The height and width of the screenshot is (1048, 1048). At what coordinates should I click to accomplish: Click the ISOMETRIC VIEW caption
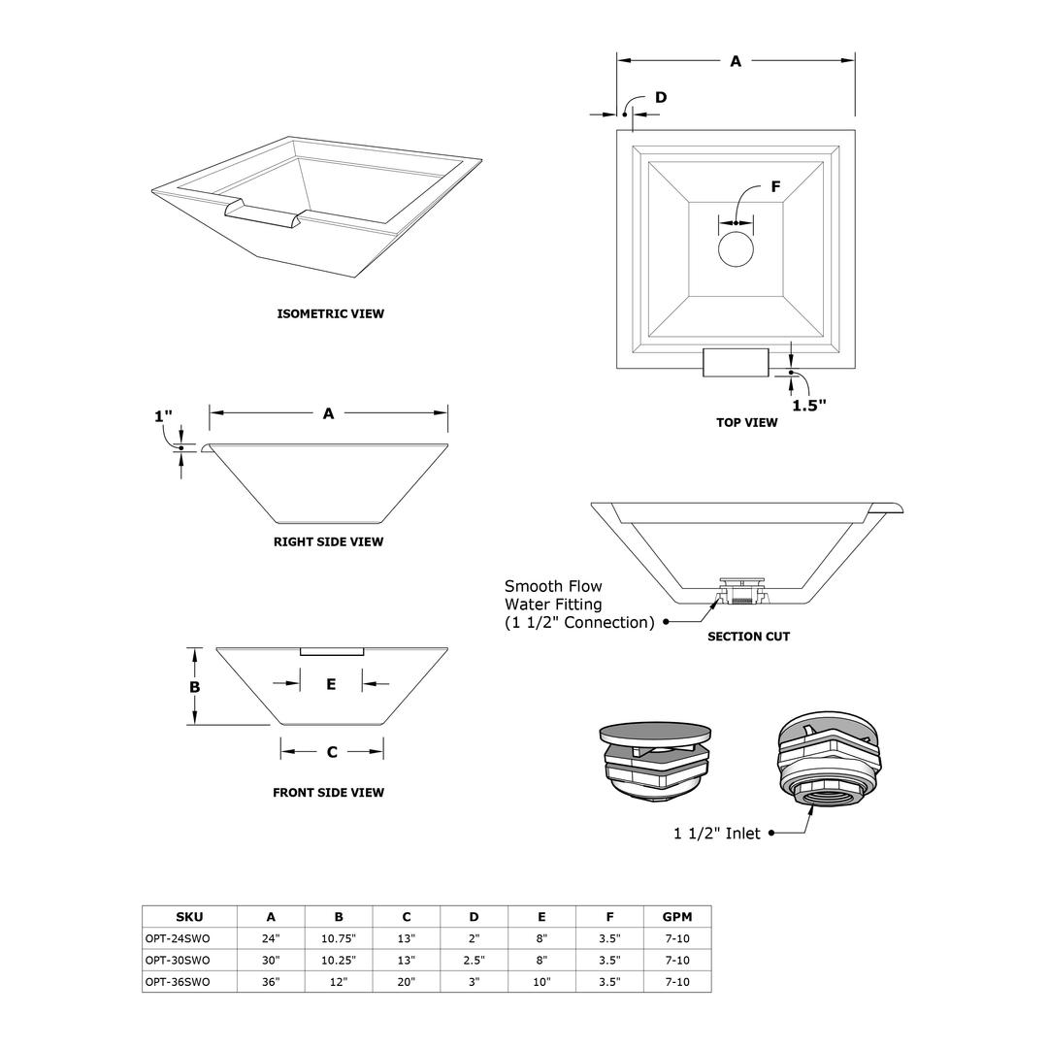pyautogui.click(x=330, y=313)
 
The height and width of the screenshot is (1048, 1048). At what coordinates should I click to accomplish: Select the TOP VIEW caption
pyautogui.click(x=746, y=422)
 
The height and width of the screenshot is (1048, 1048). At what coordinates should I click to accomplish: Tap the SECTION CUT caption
pyautogui.click(x=748, y=637)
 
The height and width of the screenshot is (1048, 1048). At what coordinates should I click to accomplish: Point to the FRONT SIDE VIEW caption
pyautogui.click(x=328, y=792)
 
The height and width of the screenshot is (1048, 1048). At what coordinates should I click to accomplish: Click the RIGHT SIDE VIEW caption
pyautogui.click(x=328, y=541)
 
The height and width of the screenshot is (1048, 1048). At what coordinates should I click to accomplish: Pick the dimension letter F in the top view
pyautogui.click(x=775, y=186)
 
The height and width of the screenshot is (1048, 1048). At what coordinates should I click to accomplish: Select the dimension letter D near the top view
pyautogui.click(x=661, y=97)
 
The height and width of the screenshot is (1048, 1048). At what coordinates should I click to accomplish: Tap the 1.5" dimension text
pyautogui.click(x=808, y=405)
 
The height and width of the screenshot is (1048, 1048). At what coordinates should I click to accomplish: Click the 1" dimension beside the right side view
pyautogui.click(x=163, y=416)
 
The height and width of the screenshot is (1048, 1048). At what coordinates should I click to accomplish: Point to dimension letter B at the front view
pyautogui.click(x=194, y=686)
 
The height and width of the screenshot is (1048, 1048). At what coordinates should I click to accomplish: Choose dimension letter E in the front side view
pyautogui.click(x=331, y=684)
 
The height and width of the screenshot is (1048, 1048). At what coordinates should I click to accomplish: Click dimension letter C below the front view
pyautogui.click(x=332, y=751)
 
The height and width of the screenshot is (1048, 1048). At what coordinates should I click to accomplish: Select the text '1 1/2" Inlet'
pyautogui.click(x=717, y=833)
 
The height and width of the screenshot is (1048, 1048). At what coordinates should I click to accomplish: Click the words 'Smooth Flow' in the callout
pyautogui.click(x=553, y=586)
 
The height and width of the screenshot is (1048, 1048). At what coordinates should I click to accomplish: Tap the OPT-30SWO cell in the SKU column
pyautogui.click(x=178, y=960)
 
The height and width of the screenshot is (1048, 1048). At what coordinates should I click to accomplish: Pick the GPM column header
pyautogui.click(x=676, y=916)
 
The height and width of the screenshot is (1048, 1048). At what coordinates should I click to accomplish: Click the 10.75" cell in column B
pyautogui.click(x=339, y=938)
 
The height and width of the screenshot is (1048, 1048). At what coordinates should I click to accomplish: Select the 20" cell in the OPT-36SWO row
pyautogui.click(x=406, y=981)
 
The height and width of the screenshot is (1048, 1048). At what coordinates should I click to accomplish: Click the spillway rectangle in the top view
pyautogui.click(x=736, y=362)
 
